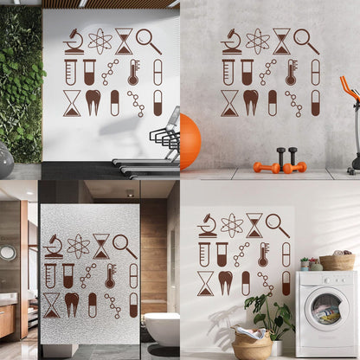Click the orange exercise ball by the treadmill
[x=189, y=142]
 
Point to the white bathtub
[x=162, y=329]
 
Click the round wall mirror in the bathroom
[x=8, y=253]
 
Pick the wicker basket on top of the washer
[x=337, y=261]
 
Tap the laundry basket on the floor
[x=252, y=346]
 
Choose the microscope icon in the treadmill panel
[x=74, y=41]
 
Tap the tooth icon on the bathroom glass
[x=72, y=304]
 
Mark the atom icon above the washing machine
[x=231, y=225]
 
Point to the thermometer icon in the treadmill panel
[x=132, y=71]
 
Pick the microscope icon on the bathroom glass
[x=54, y=247]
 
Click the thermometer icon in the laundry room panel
[x=262, y=254]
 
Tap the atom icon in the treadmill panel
[x=100, y=40]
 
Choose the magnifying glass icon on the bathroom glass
[x=125, y=246]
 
